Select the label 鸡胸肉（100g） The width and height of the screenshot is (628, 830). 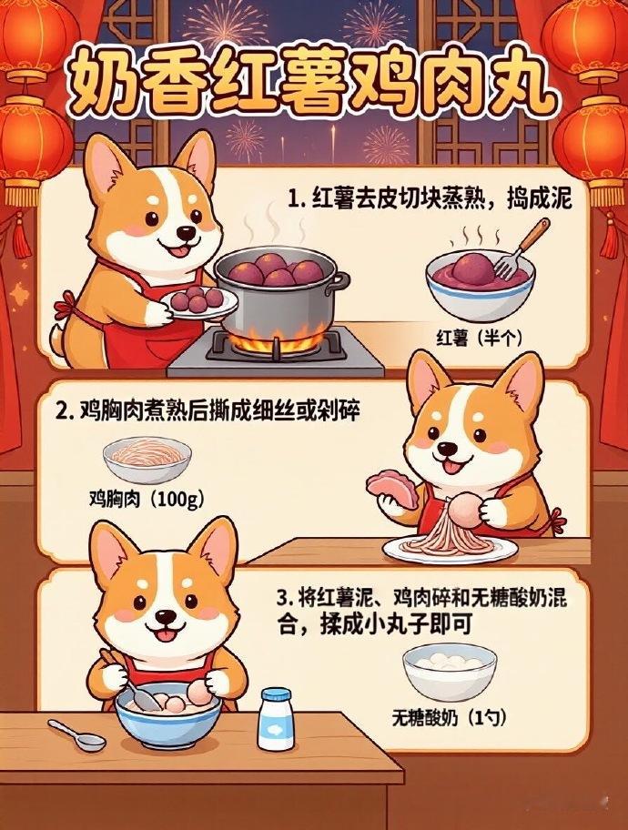(x=147, y=499)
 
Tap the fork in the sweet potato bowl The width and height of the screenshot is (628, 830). (x=519, y=248)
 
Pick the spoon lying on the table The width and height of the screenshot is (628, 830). (x=76, y=734)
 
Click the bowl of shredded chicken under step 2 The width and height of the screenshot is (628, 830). (x=147, y=460)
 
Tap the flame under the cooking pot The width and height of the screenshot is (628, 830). (x=278, y=339)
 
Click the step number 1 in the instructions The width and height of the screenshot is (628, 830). (x=293, y=199)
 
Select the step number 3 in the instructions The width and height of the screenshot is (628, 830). (x=283, y=599)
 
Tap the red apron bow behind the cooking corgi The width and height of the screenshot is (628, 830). (x=66, y=307)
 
